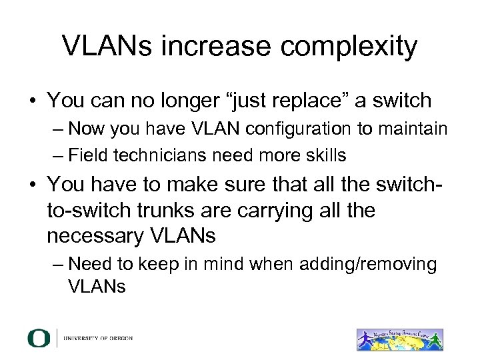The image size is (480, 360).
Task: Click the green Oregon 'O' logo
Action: pyautogui.click(x=39, y=337)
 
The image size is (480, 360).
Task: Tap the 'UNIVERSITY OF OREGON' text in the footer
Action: pyautogui.click(x=98, y=338)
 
